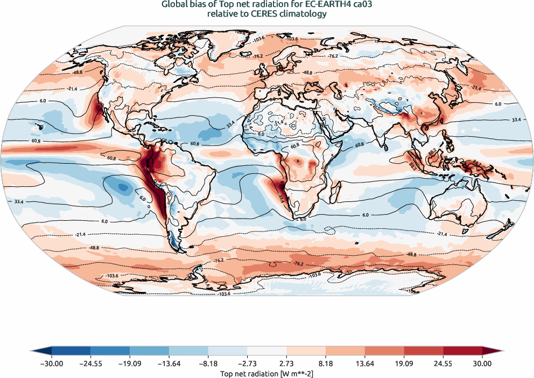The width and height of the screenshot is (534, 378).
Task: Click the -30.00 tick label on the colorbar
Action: pyautogui.click(x=52, y=364)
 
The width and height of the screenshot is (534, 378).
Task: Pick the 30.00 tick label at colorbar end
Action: pyautogui.click(x=482, y=364)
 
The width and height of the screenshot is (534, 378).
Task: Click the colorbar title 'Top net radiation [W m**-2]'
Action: pyautogui.click(x=267, y=373)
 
